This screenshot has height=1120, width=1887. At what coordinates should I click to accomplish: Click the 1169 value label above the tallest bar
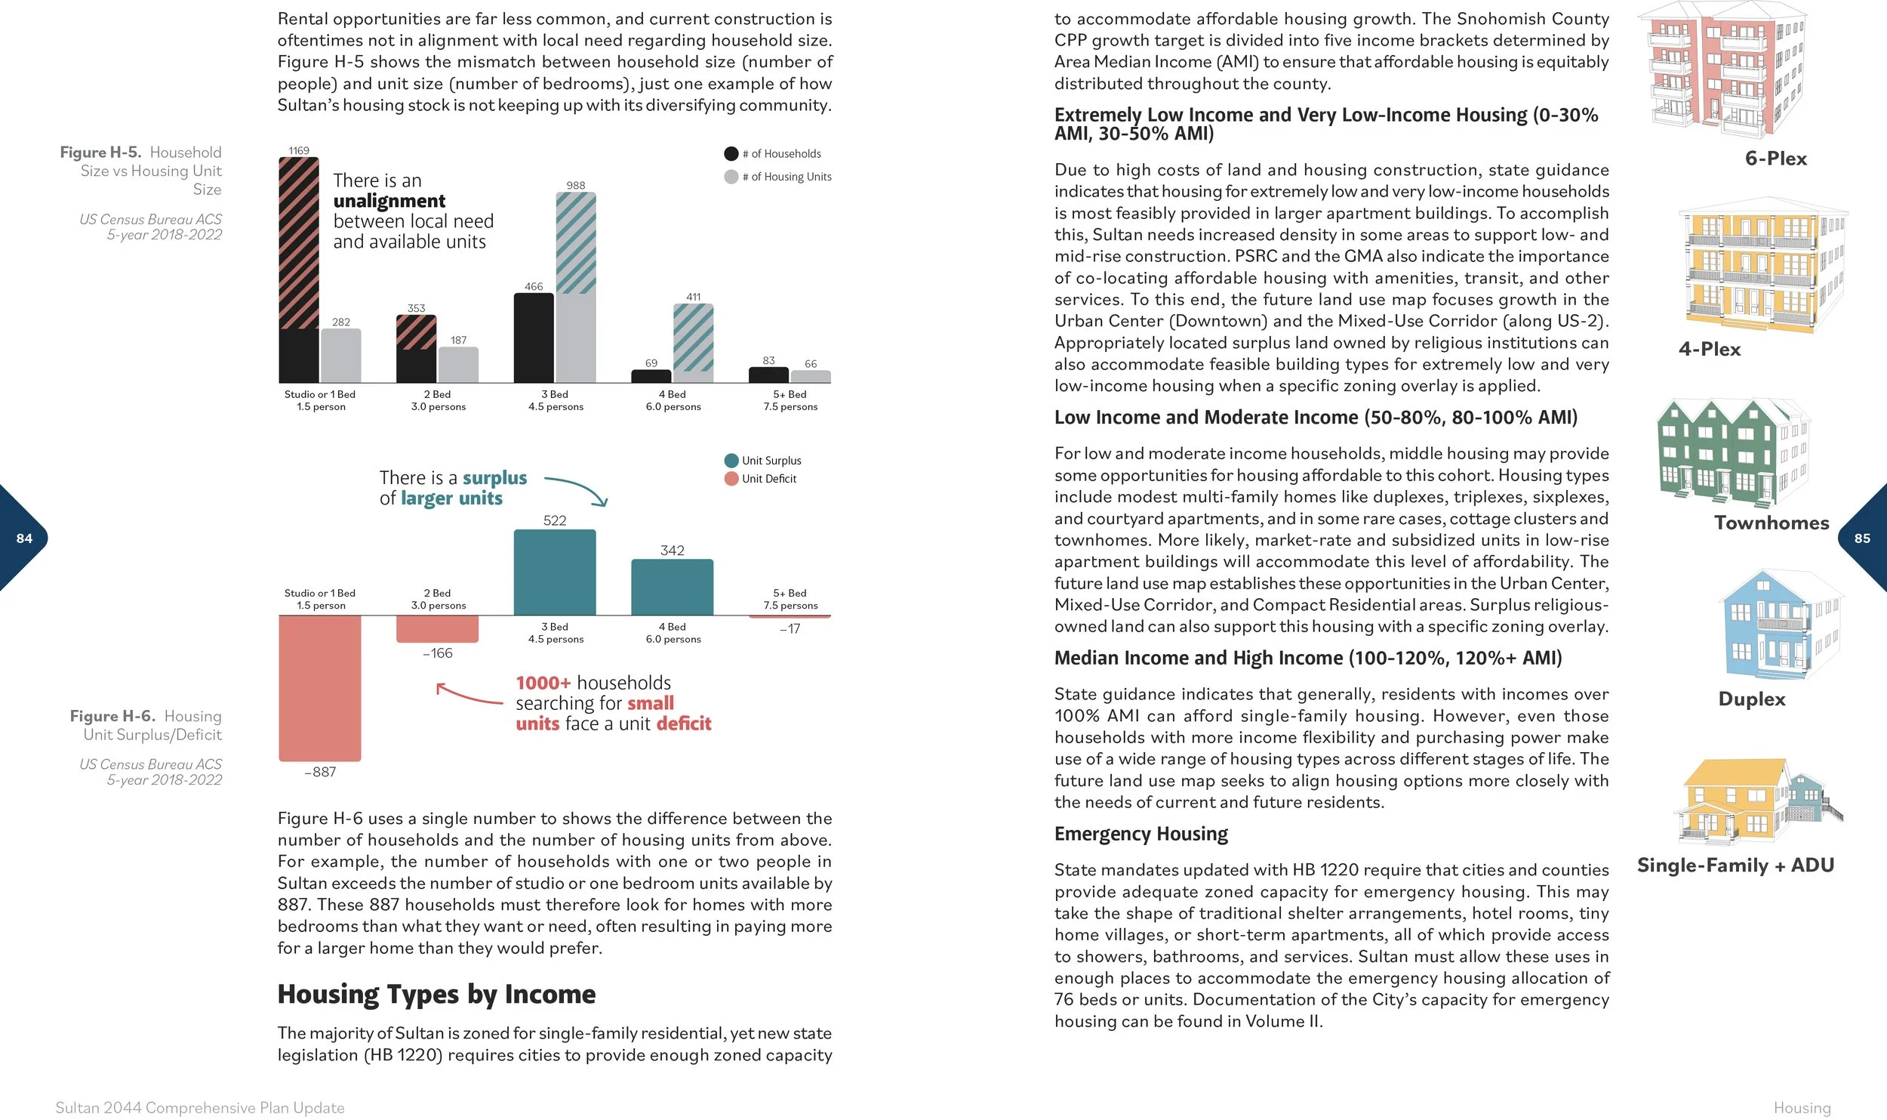[x=299, y=151]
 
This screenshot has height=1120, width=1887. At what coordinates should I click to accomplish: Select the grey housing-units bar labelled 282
[x=341, y=356]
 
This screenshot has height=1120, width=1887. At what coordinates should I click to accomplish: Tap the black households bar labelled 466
[x=534, y=338]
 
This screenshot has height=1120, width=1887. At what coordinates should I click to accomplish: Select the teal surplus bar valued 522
[x=555, y=572]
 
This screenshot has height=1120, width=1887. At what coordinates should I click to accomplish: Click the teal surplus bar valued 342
[x=672, y=588]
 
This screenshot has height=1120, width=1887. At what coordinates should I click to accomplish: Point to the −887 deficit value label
[x=320, y=772]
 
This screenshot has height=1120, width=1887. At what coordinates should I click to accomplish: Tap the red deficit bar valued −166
[x=438, y=629]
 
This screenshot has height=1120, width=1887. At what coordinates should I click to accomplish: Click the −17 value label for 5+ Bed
[x=790, y=629]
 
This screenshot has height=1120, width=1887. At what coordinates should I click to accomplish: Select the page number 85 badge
[x=1863, y=538]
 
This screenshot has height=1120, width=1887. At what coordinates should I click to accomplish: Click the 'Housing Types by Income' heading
[x=436, y=995]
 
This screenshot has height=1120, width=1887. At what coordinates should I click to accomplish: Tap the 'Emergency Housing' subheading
[x=1141, y=834]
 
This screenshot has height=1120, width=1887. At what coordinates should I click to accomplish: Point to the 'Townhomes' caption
[x=1772, y=523]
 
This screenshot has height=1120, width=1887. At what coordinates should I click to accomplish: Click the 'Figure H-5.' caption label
[x=100, y=153]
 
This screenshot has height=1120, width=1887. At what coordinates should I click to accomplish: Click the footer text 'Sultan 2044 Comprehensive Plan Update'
[x=200, y=1108]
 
